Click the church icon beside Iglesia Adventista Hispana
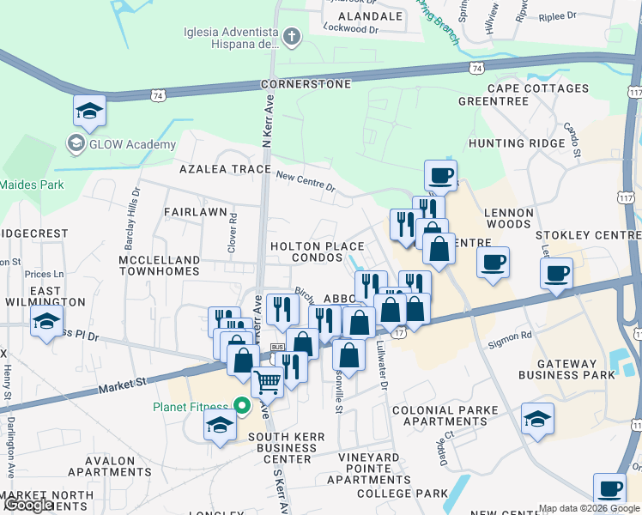tap(292, 37)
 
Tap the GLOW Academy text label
tap(131, 144)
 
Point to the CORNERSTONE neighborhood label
tap(306, 84)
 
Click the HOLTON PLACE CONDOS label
tap(317, 251)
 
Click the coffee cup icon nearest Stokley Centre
tap(556, 274)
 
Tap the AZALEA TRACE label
tap(225, 169)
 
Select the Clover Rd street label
tap(233, 229)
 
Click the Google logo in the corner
tap(27, 505)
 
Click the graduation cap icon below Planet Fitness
tap(221, 425)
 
